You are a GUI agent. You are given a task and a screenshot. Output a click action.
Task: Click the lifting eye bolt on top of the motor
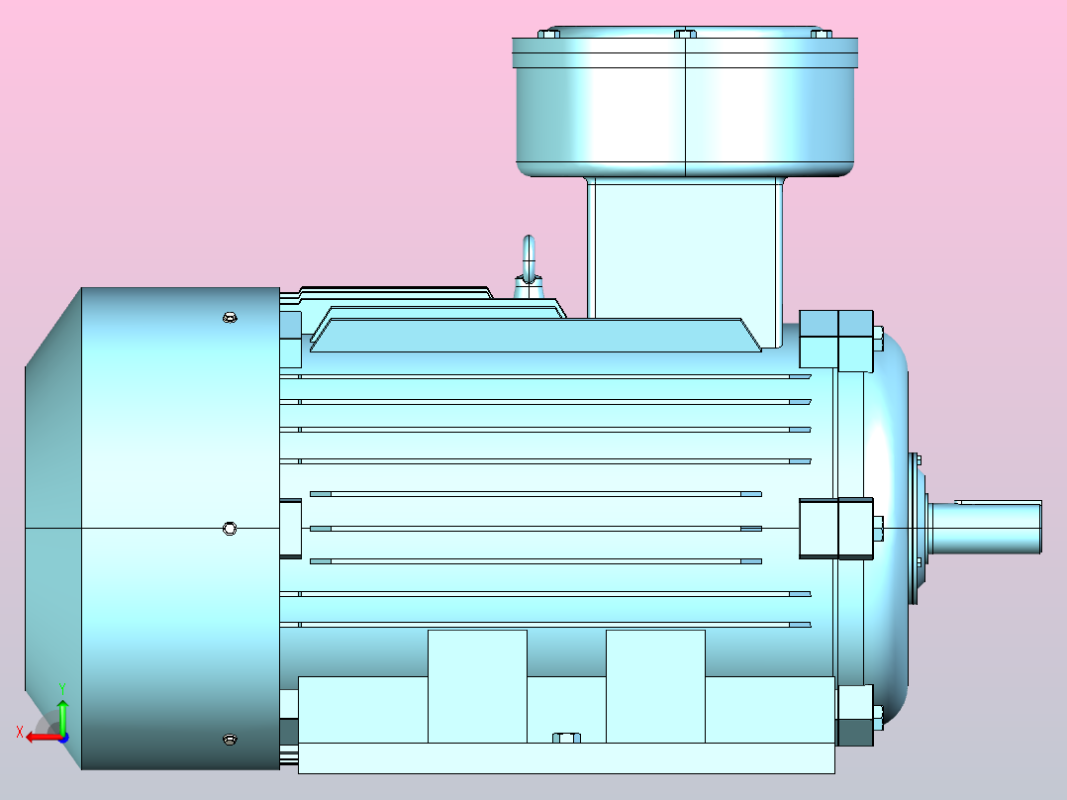530,262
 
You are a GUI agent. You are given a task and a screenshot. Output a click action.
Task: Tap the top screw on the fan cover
230,317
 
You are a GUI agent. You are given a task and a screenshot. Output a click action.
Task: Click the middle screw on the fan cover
230,528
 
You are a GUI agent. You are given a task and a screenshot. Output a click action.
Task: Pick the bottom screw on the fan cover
230,739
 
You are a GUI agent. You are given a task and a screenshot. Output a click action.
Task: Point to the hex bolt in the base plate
566,738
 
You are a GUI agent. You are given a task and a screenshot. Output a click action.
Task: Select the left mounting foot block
477,685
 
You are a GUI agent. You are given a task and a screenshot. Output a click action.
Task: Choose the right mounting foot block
655,685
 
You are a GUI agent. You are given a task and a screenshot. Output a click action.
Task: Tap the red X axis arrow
38,736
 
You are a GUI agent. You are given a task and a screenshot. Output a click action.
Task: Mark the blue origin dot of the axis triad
62,737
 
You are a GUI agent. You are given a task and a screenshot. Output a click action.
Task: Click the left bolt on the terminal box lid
548,34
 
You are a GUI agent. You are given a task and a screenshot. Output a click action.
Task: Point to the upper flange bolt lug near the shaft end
836,340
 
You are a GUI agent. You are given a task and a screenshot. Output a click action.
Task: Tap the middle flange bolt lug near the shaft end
836,528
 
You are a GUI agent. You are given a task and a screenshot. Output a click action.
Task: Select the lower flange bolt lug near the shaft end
855,716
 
